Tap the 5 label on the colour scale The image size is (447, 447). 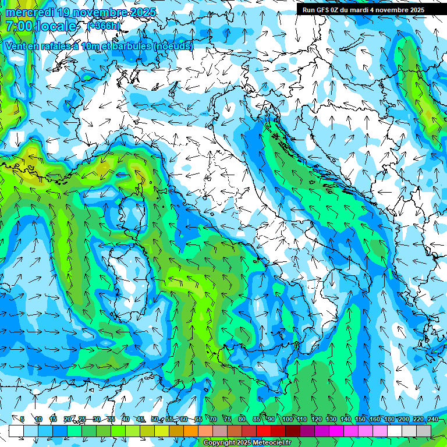click(x=22, y=419)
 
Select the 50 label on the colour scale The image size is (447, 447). click(x=154, y=419)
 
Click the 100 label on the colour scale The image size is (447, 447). click(x=288, y=419)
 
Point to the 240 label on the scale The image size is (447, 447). click(x=432, y=419)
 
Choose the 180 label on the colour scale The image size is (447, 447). click(x=389, y=419)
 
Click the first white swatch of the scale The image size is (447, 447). click(x=16, y=431)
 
